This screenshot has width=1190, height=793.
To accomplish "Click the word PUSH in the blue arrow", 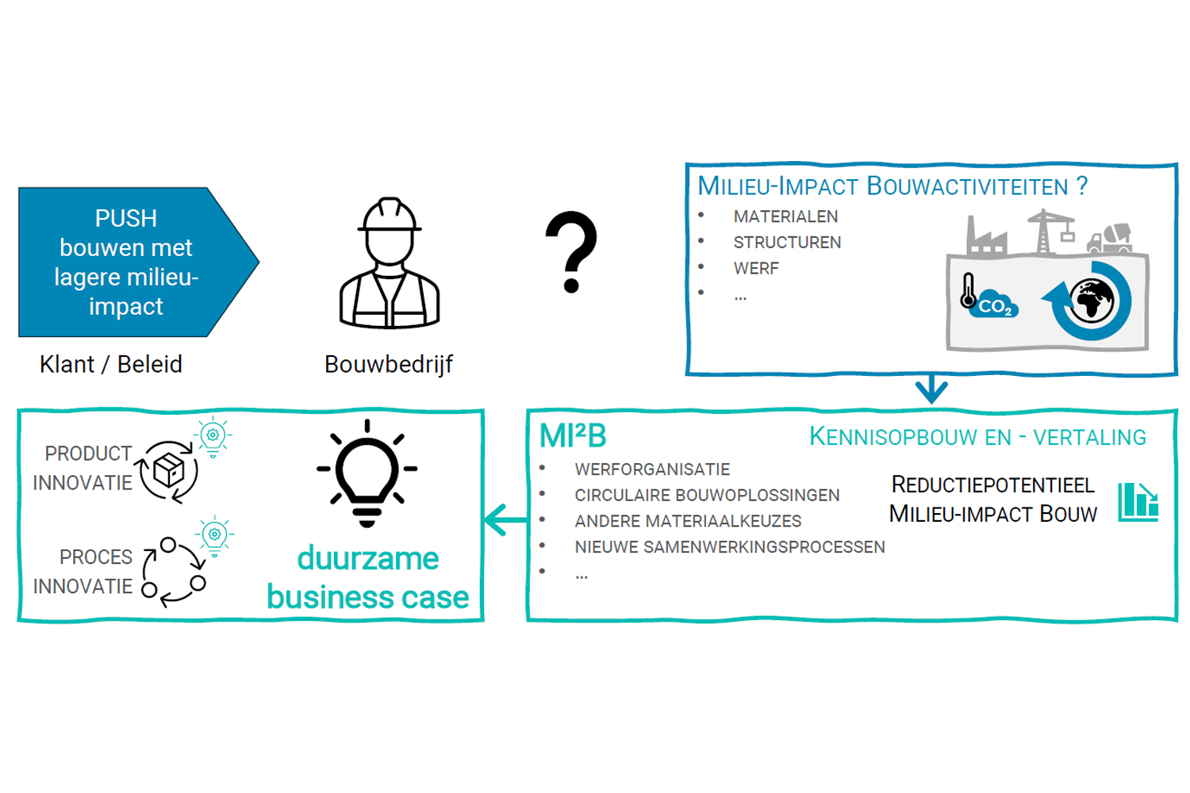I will click(x=125, y=218).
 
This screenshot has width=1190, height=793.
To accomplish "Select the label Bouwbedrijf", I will click(x=389, y=364).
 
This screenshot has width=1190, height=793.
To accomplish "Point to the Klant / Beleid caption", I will click(x=111, y=364).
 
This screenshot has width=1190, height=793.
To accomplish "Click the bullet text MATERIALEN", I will click(x=785, y=216).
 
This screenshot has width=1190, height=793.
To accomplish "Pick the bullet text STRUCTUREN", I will click(x=787, y=243).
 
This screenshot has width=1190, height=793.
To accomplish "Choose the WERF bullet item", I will click(x=756, y=269).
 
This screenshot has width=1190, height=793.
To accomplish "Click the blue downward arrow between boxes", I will click(x=931, y=389).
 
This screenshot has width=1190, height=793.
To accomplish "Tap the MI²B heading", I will click(x=573, y=436).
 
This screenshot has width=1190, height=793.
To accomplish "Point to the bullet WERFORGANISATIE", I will click(x=652, y=469).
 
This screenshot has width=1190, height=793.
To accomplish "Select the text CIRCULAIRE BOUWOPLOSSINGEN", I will click(x=707, y=496).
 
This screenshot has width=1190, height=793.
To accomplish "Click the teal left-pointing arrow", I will click(x=505, y=520).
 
